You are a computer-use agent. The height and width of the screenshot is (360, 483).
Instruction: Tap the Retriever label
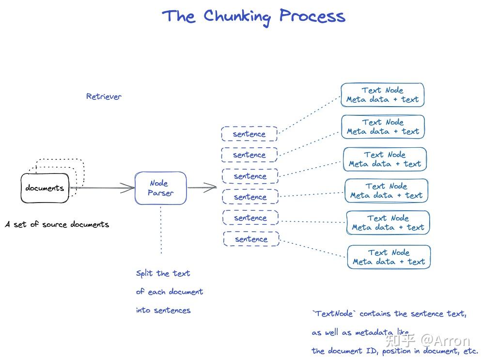[104, 96]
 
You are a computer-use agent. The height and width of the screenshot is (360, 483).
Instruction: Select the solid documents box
[45, 188]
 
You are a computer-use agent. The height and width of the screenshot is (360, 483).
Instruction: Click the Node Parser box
[160, 188]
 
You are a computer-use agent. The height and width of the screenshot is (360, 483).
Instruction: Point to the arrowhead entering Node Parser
[127, 188]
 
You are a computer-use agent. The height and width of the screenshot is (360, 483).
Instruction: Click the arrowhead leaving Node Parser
[210, 187]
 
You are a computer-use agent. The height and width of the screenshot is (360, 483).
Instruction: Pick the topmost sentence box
[249, 134]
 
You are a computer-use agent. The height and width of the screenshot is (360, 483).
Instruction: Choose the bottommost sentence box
[251, 239]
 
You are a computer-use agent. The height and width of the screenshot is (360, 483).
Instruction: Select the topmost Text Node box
[382, 95]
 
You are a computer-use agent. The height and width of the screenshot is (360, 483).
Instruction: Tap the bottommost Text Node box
[389, 257]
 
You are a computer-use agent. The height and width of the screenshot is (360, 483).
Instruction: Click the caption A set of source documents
[57, 224]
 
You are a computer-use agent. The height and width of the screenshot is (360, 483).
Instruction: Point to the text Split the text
[163, 273]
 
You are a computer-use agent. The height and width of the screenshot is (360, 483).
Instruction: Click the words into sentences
[163, 310]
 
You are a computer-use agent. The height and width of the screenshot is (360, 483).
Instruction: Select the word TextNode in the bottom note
[334, 313]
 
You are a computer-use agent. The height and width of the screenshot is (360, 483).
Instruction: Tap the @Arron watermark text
[445, 341]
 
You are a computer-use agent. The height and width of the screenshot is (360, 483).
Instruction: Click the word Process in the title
[312, 16]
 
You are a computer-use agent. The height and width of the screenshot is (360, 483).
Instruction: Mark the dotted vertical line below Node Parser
[161, 230]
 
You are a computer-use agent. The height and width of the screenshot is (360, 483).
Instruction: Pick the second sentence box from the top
[249, 155]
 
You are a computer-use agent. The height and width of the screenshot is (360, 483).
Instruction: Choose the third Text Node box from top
[385, 159]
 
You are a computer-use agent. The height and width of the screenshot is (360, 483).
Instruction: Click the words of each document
[170, 291]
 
